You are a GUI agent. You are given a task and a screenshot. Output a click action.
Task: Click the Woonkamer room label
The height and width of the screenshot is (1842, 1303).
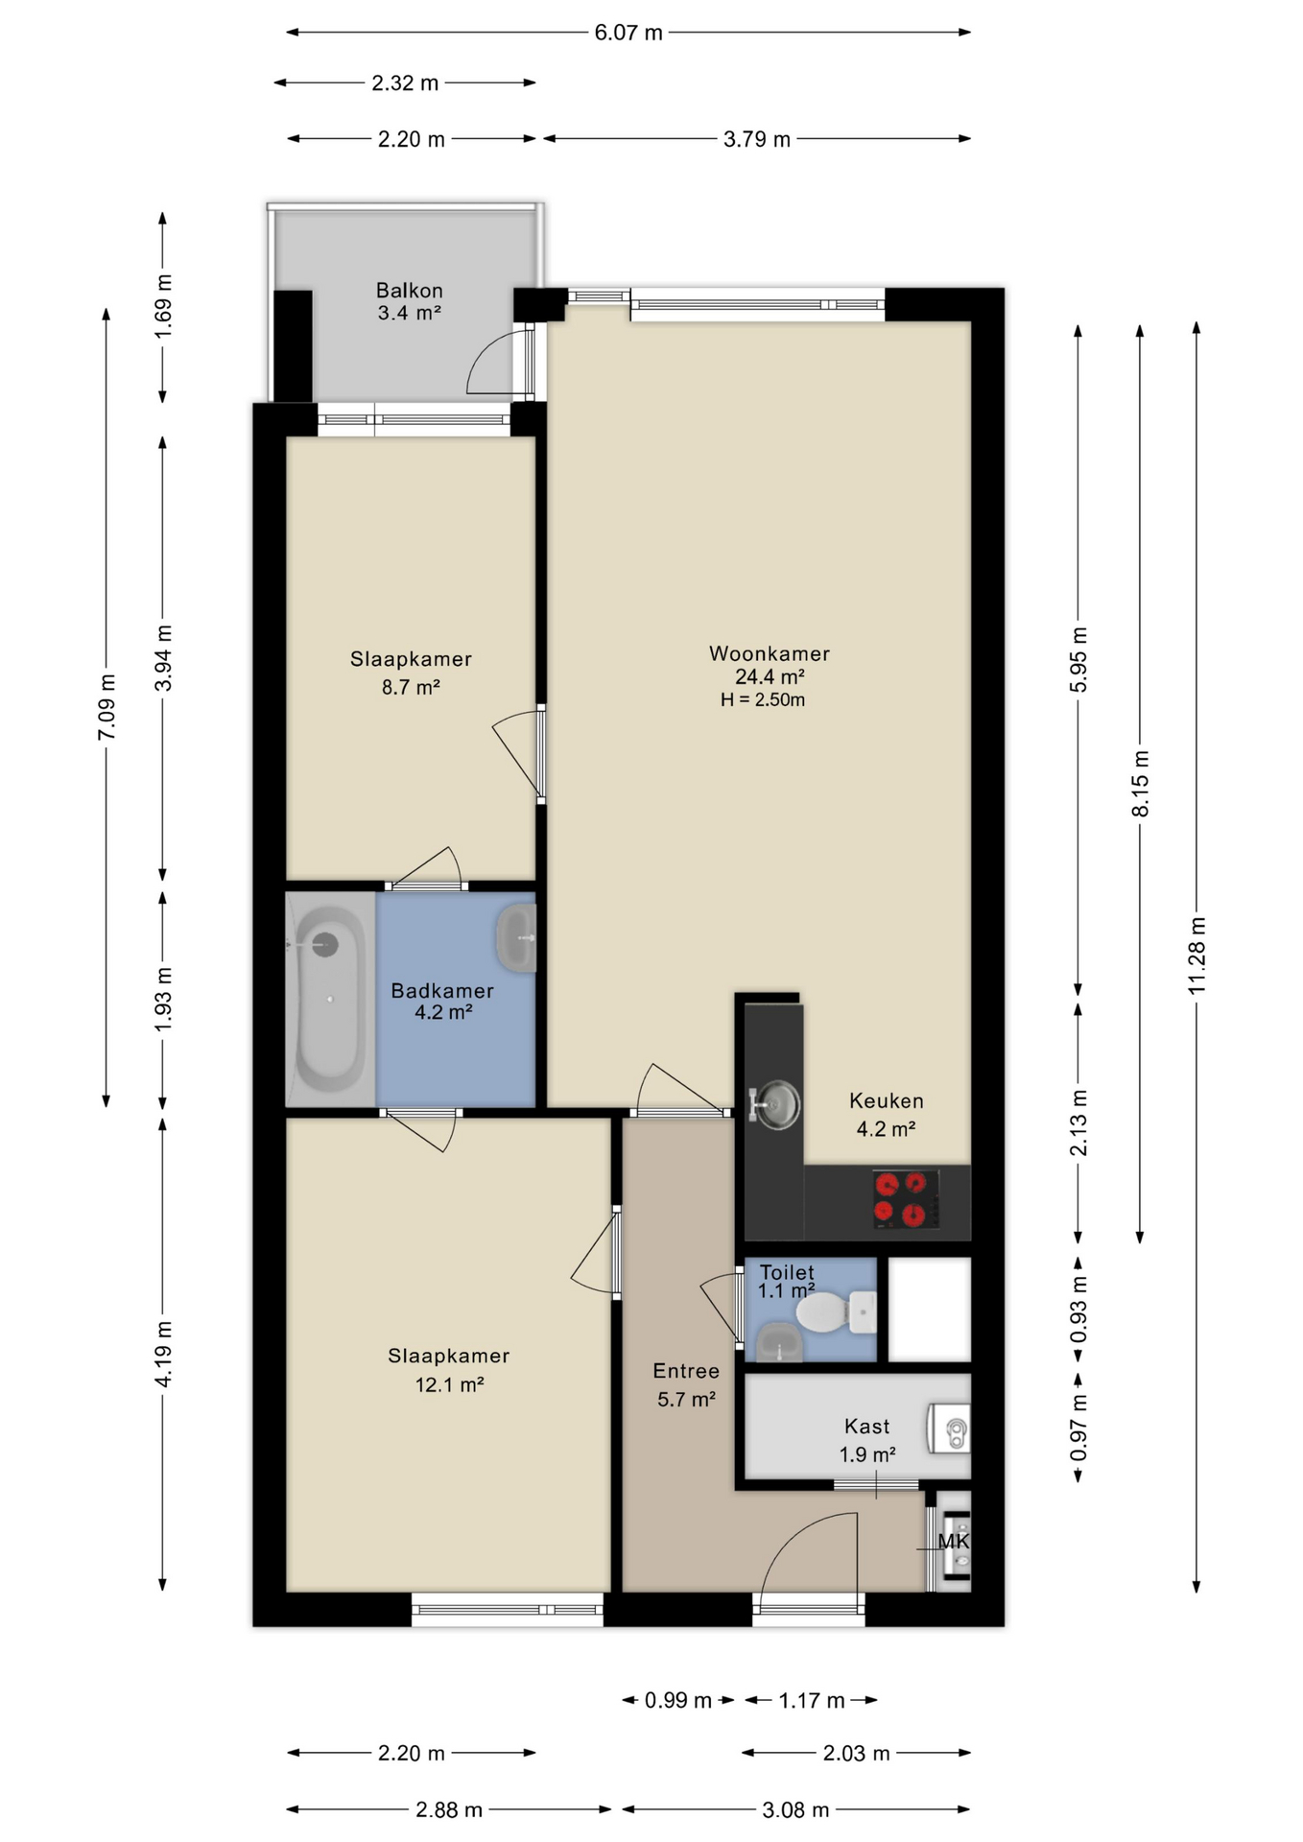click(769, 653)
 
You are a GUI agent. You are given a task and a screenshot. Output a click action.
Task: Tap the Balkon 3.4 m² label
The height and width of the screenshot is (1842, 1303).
click(409, 301)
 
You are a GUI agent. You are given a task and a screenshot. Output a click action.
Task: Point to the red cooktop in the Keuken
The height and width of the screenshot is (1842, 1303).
click(905, 1199)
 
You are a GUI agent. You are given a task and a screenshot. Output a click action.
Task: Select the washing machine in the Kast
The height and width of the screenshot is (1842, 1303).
click(949, 1429)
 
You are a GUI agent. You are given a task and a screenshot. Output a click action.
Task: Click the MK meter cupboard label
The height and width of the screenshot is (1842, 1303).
click(953, 1541)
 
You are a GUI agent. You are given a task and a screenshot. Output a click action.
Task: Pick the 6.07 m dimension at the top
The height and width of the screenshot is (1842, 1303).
click(628, 33)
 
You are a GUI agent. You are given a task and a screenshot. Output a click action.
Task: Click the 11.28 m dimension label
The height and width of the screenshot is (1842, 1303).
click(1196, 956)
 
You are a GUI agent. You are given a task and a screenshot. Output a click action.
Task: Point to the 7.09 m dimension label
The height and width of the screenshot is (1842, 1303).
click(107, 707)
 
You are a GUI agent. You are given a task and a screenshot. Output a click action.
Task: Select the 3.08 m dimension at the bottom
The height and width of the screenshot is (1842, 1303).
click(794, 1809)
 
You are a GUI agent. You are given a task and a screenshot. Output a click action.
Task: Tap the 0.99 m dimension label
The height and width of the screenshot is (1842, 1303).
click(677, 1700)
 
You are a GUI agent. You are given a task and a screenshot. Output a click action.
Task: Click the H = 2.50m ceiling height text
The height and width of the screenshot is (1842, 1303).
click(763, 700)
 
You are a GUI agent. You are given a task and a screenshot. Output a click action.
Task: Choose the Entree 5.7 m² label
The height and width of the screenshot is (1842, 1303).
click(686, 1384)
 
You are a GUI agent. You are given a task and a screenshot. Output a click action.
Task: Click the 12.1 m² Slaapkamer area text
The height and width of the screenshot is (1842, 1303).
click(449, 1384)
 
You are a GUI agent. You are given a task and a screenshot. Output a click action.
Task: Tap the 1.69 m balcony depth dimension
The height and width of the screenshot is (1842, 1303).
click(163, 305)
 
